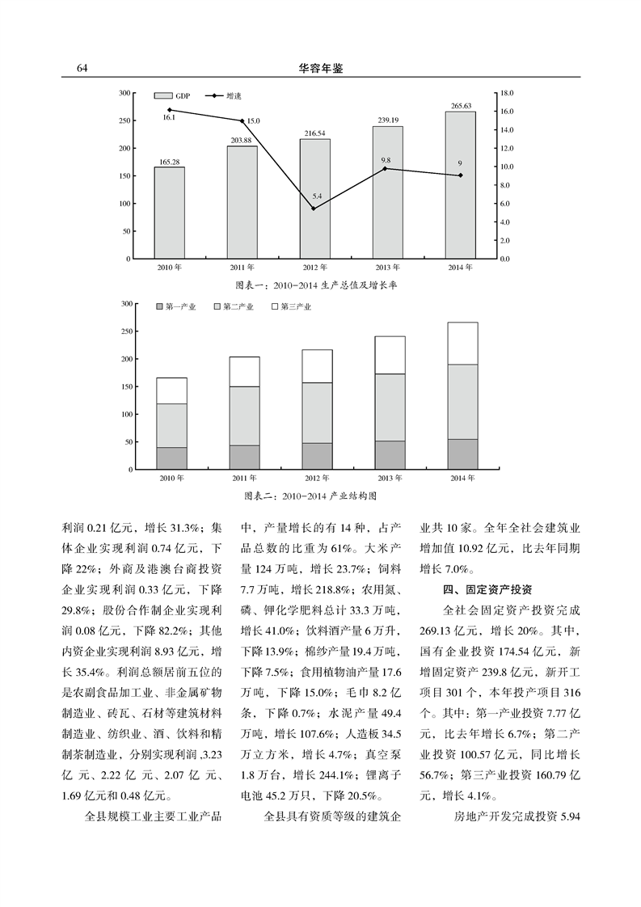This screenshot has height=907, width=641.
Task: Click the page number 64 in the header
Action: point(82,69)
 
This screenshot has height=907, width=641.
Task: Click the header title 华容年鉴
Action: point(321,69)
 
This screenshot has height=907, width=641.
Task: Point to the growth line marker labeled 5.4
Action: point(314,209)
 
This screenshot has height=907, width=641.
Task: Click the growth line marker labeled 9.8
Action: point(386,168)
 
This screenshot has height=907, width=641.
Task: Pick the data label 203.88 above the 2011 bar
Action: point(242,141)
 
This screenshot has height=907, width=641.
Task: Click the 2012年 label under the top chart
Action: point(314,268)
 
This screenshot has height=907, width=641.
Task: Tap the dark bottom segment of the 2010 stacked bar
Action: point(171,458)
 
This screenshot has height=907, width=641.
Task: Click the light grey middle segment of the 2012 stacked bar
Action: point(317,412)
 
